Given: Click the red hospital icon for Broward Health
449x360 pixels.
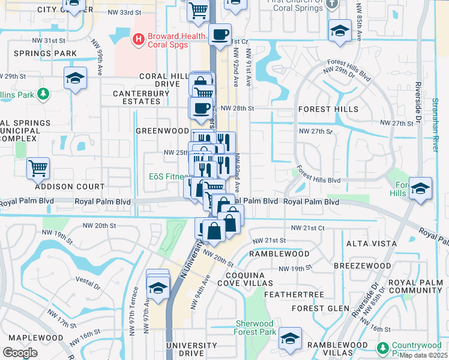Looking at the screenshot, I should pyautogui.click(x=139, y=40).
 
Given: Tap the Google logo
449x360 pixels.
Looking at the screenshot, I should pyautogui.click(x=20, y=352).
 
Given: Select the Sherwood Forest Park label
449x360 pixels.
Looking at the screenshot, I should pyautogui.click(x=255, y=328).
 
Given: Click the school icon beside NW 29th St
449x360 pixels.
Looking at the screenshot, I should pyautogui.click(x=76, y=78).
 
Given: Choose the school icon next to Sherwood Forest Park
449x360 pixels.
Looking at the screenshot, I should pyautogui.click(x=290, y=339).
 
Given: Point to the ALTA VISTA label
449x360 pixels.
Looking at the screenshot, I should pyautogui.click(x=372, y=244).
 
